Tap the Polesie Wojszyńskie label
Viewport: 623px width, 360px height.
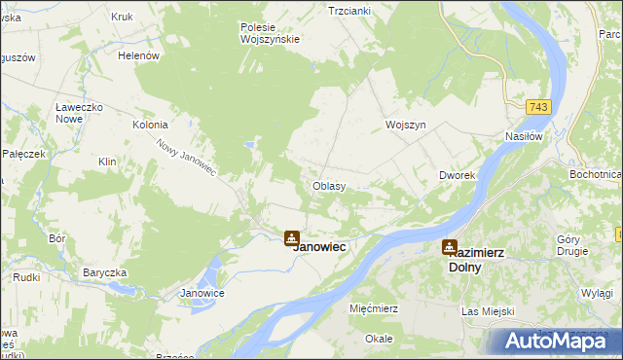[270, 33]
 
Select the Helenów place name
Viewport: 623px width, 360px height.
[138, 56]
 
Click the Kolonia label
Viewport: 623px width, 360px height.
[151, 126]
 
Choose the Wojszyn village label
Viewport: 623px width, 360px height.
[406, 126]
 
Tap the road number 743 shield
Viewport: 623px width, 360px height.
[539, 106]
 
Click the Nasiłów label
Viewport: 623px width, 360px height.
[523, 137]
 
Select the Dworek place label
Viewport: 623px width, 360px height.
[456, 175]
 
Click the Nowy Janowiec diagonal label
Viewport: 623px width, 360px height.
[186, 157]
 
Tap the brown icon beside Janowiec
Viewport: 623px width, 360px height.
[291, 236]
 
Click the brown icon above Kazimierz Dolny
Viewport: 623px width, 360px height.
[449, 247]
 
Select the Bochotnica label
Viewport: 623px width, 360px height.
[596, 174]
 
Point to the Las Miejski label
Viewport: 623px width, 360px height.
[487, 311]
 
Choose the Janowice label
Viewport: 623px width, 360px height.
[203, 293]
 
